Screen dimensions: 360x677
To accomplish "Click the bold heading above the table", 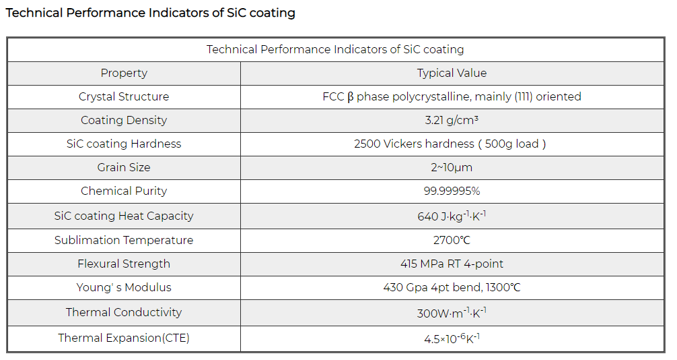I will (x=150, y=13).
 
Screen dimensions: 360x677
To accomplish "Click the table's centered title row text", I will (x=335, y=49).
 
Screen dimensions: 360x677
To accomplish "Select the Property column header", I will (x=124, y=73).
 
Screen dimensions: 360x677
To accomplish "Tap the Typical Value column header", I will (x=452, y=73).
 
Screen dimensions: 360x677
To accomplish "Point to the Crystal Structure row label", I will (x=124, y=96).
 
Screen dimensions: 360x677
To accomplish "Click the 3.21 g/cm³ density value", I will (x=452, y=120).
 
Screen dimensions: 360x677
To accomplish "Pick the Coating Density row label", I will (x=124, y=120).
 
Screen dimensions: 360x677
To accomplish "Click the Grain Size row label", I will (x=124, y=167).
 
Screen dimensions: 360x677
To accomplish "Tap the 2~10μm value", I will (x=452, y=167).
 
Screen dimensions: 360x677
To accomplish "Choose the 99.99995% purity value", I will (x=452, y=191).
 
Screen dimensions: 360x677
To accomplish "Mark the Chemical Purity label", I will (x=124, y=191).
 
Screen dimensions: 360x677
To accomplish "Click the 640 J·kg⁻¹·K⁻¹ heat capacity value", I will (x=452, y=216).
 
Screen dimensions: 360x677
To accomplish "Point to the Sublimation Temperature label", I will (x=124, y=240).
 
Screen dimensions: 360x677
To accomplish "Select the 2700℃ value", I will (x=452, y=240).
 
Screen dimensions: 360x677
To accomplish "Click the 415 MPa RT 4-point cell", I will (x=452, y=264).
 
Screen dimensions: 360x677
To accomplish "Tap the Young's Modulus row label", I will (x=124, y=287).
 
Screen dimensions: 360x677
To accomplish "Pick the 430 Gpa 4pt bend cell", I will (x=452, y=287).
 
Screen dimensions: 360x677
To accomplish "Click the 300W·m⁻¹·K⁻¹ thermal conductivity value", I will (x=452, y=313).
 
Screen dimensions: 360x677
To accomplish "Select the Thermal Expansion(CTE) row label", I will (x=124, y=338).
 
